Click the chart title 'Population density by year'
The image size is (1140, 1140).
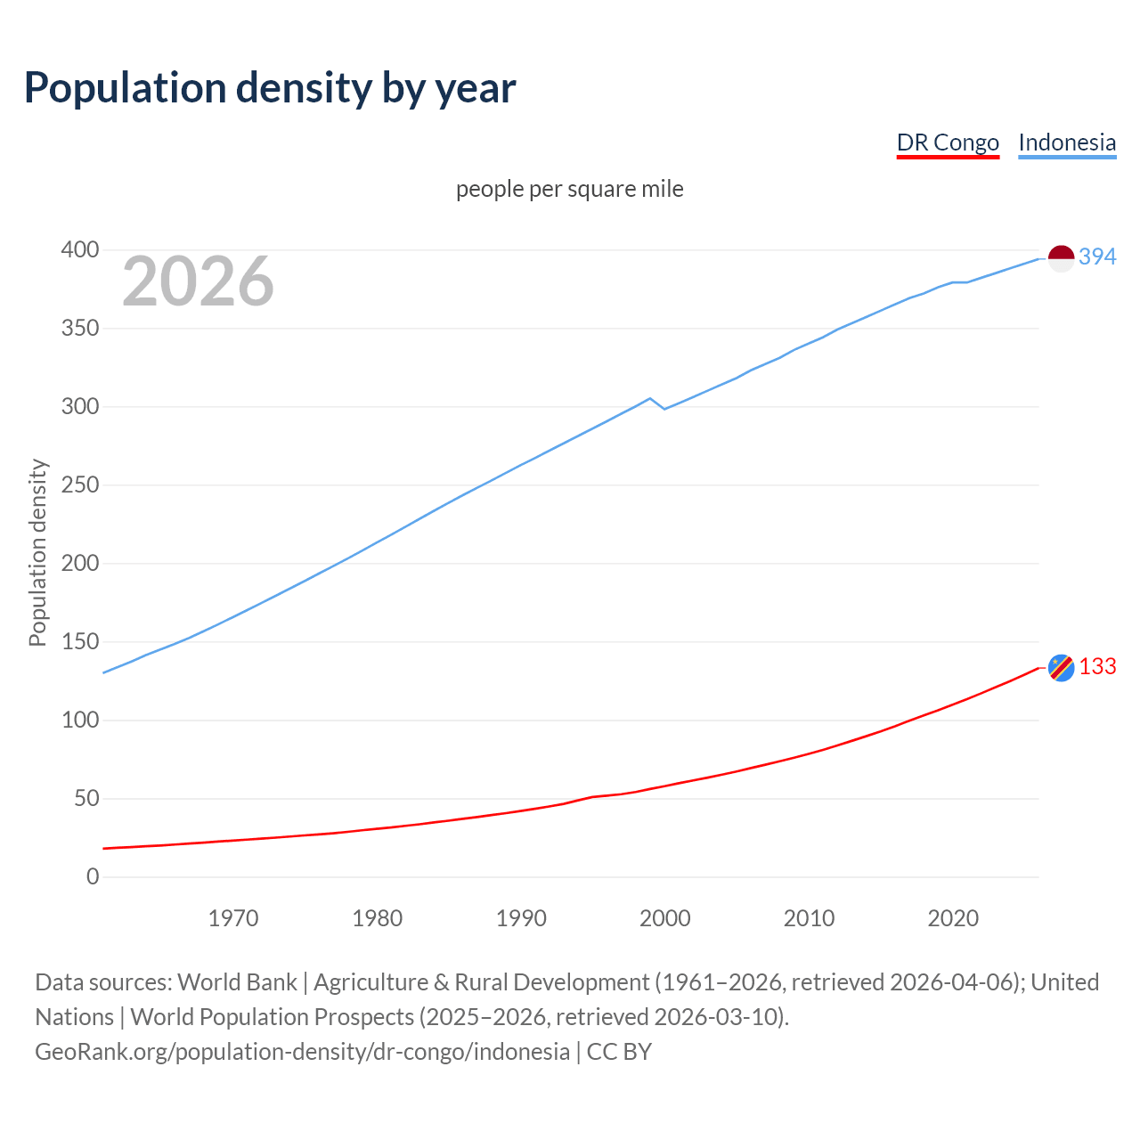pos(270,88)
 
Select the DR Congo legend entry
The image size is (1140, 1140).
pos(948,142)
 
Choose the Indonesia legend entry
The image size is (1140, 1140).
pos(1067,142)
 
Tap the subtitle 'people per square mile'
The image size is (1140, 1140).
pos(570,189)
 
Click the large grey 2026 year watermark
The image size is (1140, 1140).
pos(198,281)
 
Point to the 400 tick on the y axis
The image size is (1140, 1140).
pos(80,250)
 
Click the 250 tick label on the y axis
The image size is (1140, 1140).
pos(80,485)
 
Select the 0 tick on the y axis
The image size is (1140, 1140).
pos(93,876)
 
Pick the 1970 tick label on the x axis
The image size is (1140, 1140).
pos(233,918)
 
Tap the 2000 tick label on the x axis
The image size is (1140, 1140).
pos(665,918)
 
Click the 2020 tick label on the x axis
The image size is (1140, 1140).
pos(953,918)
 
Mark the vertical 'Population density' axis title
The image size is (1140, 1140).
pos(37,552)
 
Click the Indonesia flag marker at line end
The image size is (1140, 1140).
pos(1061,258)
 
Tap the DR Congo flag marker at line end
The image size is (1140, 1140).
pos(1061,667)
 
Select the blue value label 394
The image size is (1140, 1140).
pos(1097,256)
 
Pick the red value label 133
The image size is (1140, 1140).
pos(1097,667)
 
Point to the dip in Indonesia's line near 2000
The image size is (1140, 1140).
pos(664,408)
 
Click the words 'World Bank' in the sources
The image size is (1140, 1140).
pos(237,981)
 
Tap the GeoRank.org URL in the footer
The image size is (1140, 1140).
pos(302,1051)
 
